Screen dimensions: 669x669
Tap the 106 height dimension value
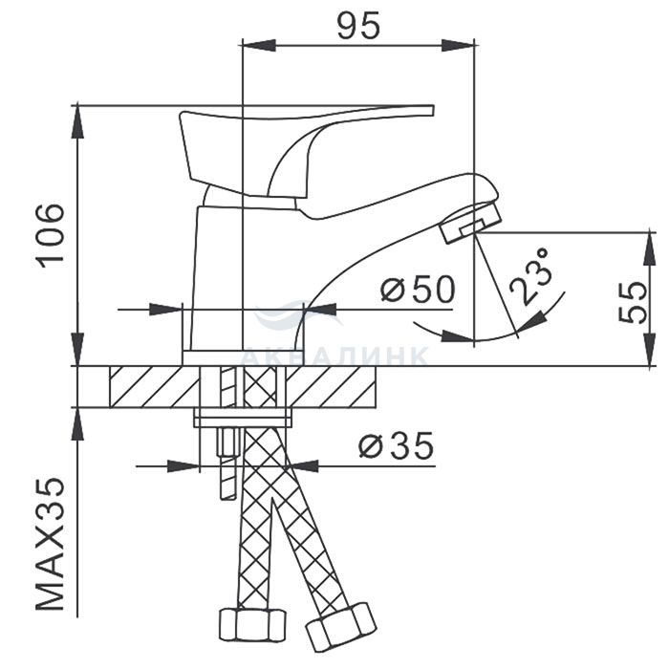click(x=52, y=236)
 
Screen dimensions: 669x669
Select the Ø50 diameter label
click(x=418, y=289)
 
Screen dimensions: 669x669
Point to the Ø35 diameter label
click(x=396, y=445)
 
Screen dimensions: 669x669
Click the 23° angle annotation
click(x=529, y=276)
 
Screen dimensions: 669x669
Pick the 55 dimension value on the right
click(x=633, y=302)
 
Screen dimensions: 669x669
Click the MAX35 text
click(x=51, y=545)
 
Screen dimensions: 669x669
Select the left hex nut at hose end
click(x=252, y=624)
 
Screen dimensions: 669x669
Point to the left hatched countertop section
click(x=155, y=386)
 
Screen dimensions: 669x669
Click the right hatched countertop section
click(x=331, y=386)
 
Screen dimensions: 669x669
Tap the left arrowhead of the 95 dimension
click(x=259, y=45)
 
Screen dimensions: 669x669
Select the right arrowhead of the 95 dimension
click(x=458, y=45)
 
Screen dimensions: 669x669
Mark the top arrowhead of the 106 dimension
click(x=77, y=121)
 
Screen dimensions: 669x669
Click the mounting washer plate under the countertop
click(x=243, y=418)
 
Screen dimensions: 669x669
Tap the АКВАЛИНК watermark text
click(x=334, y=356)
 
